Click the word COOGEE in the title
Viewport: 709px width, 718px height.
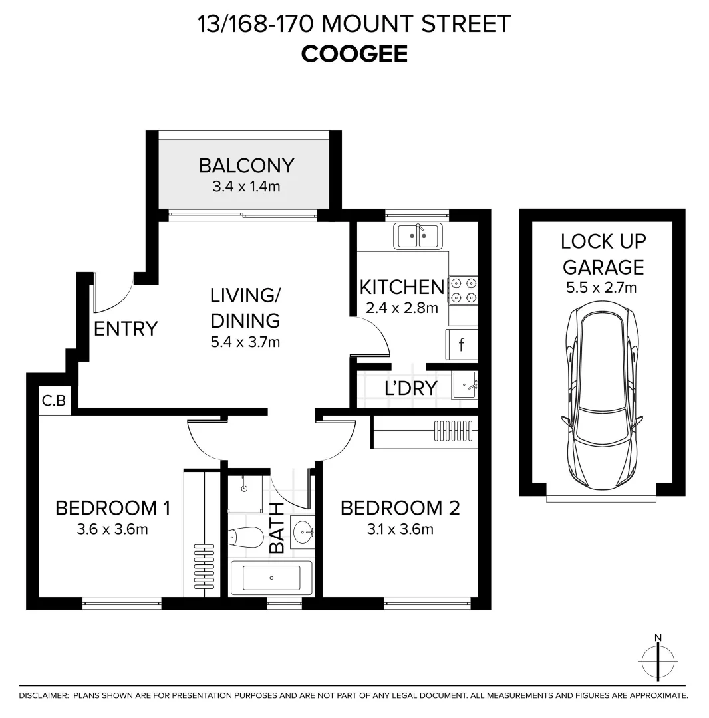point(354,54)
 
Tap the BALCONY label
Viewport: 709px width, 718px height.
point(246,164)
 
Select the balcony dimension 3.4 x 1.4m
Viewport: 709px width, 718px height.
point(246,187)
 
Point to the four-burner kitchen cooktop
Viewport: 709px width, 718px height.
point(464,291)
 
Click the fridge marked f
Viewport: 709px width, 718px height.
point(462,345)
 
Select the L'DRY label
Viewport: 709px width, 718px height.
point(410,388)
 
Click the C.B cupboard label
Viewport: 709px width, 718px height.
point(53,401)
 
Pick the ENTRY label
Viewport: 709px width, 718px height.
point(126,328)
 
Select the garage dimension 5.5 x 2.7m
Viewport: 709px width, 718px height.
point(602,288)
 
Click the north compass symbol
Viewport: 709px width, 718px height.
point(658,661)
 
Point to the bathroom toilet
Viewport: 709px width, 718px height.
point(245,537)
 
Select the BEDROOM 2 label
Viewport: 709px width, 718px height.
point(400,508)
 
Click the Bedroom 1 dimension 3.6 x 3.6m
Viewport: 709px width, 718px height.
point(113,529)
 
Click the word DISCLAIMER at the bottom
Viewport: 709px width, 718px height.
point(44,695)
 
